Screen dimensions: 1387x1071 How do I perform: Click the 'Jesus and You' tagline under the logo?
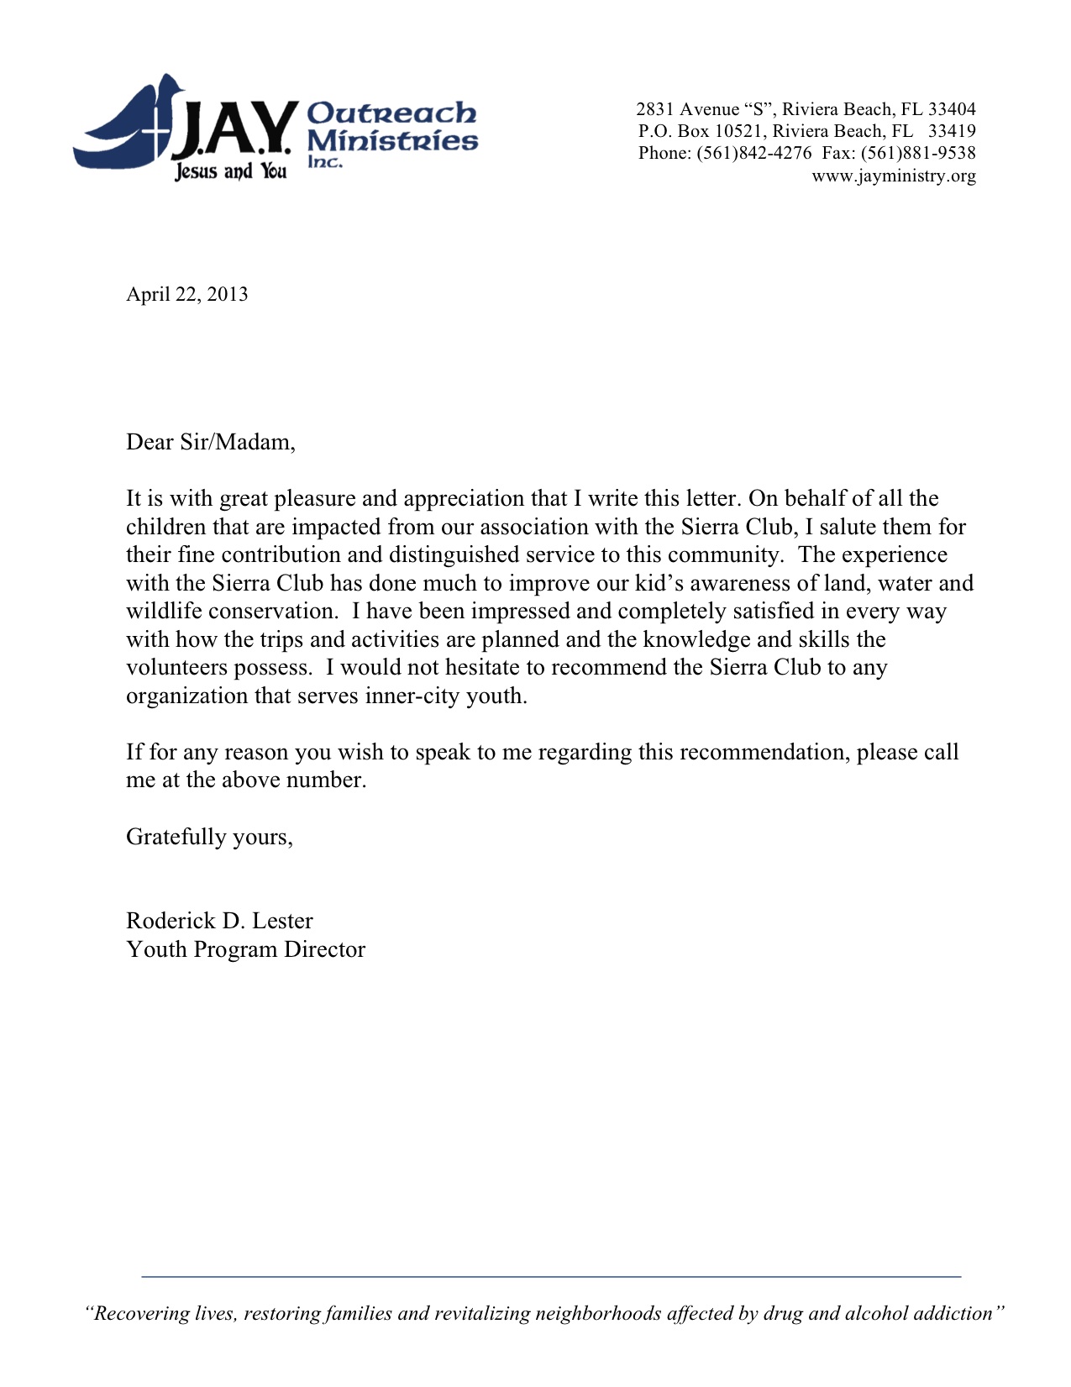(x=230, y=172)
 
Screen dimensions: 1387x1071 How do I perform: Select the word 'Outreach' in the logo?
(x=391, y=113)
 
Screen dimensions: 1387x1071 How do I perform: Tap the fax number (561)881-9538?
(x=918, y=153)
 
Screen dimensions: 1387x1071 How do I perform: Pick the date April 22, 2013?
(x=186, y=294)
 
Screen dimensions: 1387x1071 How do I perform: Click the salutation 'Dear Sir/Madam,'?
(x=211, y=442)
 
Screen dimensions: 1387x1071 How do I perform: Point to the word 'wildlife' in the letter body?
(x=164, y=612)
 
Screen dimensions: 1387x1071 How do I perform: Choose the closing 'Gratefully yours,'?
(x=209, y=837)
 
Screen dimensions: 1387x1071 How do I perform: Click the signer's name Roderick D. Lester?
(x=219, y=921)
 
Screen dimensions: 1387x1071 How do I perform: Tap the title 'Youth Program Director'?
(x=245, y=949)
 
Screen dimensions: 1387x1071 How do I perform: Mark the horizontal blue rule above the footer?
(x=551, y=1277)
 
